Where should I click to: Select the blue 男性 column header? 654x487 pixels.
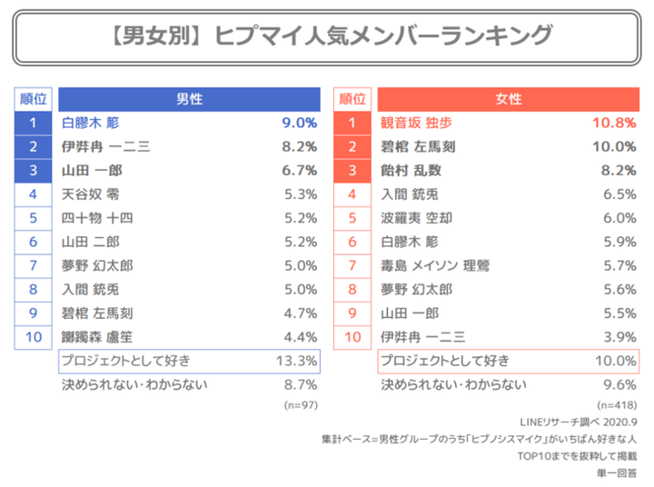(189, 99)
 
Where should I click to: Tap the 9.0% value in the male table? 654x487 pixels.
(299, 123)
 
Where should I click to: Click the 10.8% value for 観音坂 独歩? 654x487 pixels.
(615, 123)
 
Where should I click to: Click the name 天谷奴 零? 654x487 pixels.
(89, 194)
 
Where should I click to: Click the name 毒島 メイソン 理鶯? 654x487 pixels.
(435, 265)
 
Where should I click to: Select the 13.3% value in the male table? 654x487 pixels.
(296, 361)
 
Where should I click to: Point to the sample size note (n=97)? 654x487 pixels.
(300, 404)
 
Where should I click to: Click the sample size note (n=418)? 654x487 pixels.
(617, 404)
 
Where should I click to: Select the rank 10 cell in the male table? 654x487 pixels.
(33, 336)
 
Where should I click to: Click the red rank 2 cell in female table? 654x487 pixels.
(352, 146)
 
